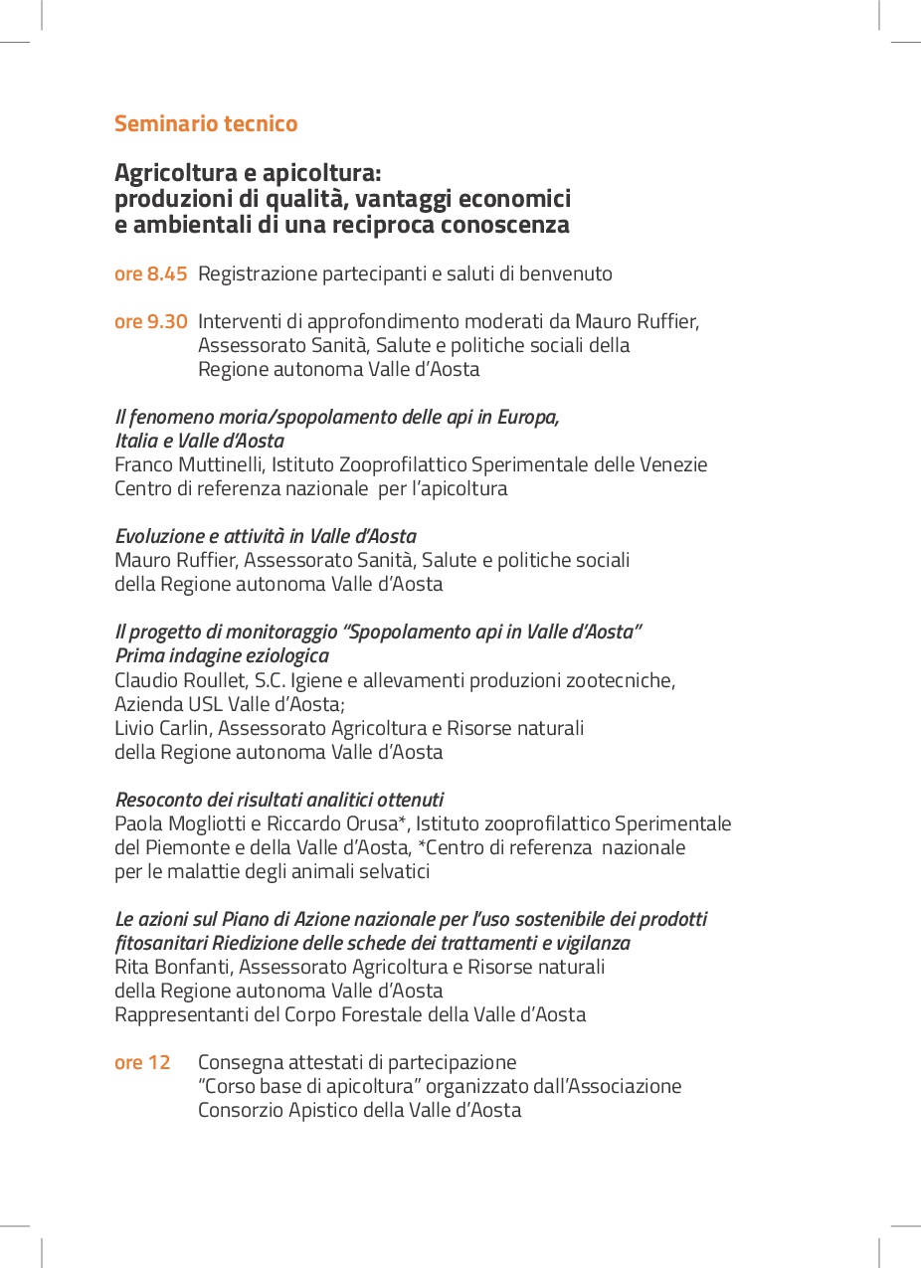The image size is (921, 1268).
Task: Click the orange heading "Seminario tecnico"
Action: point(206,124)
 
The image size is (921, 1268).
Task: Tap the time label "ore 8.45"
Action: point(151,273)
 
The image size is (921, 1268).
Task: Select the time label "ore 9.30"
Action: point(151,321)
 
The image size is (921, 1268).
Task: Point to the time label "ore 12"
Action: point(142,1062)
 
